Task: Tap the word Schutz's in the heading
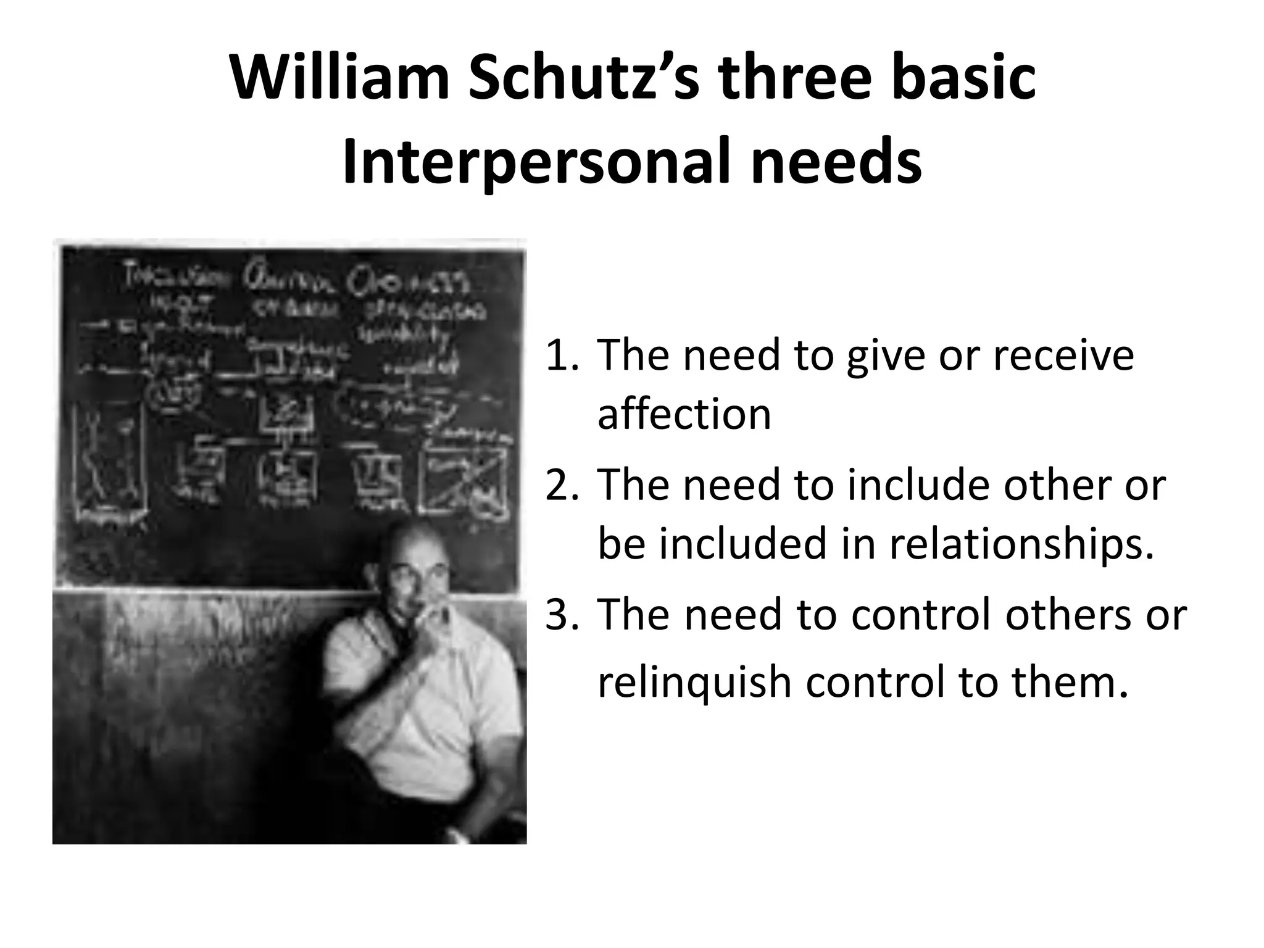point(584,79)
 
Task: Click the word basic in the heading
point(963,79)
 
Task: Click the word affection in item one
point(684,414)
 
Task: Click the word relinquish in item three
point(694,683)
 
